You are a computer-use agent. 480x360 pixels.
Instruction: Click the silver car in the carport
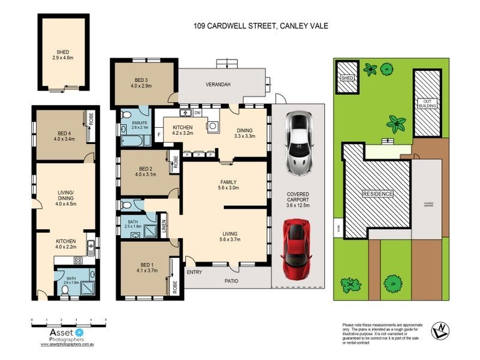click(298, 142)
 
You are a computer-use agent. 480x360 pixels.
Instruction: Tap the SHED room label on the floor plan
click(62, 52)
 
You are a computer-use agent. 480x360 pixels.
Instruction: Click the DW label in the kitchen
click(197, 113)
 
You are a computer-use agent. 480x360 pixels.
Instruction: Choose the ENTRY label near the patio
click(194, 272)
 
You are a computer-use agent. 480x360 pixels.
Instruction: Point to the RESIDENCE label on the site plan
click(377, 194)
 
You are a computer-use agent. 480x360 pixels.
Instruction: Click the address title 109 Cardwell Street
click(260, 26)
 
